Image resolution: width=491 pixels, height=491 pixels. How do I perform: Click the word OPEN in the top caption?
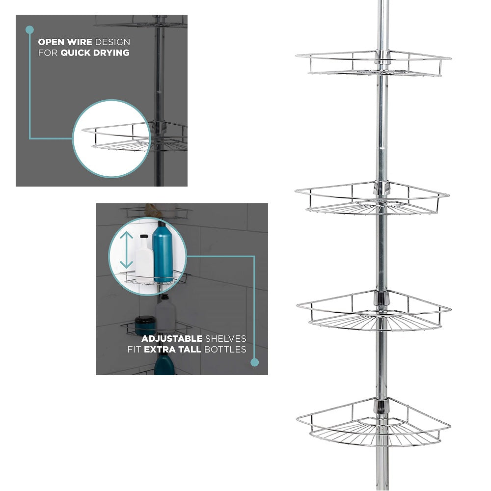coord(52,42)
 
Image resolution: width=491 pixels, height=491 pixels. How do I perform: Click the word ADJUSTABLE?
coord(172,339)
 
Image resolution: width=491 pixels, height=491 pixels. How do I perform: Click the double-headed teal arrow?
coord(127,250)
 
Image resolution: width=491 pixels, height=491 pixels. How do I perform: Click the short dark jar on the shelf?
coord(145,326)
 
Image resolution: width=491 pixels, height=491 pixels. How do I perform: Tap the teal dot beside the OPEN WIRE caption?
coord(29,29)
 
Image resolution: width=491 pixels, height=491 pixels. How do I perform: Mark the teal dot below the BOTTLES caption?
coord(254,362)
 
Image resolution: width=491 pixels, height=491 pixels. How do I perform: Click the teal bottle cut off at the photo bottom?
coord(164,366)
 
